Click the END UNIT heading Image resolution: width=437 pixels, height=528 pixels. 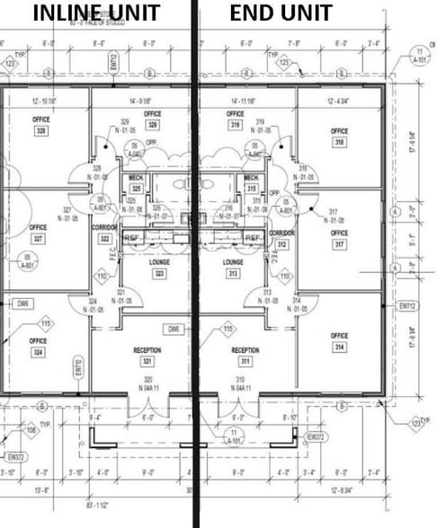[x=281, y=13]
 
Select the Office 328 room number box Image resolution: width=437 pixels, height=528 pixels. [x=40, y=131]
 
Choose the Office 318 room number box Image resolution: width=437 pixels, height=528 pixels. [x=338, y=142]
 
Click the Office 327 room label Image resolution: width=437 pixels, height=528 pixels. [x=38, y=233]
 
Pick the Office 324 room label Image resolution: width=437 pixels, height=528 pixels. [x=38, y=347]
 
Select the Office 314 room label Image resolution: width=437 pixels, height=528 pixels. [x=339, y=341]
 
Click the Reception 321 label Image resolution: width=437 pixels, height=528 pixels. [x=146, y=356]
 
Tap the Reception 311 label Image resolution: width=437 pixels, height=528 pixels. [x=245, y=356]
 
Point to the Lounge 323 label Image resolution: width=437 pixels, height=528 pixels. [x=158, y=267]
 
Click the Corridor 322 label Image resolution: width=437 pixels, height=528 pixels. [x=104, y=233]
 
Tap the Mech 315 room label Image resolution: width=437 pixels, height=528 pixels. [x=252, y=183]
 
